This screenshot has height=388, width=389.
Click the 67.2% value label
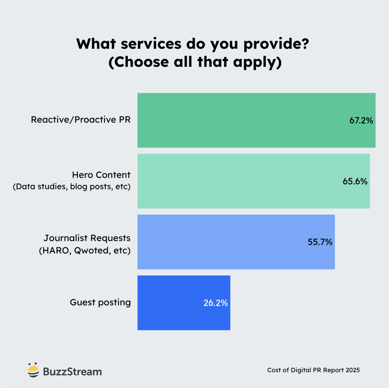click(x=361, y=120)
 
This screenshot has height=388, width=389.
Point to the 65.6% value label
click(x=355, y=181)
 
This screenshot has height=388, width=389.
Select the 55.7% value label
click(x=320, y=242)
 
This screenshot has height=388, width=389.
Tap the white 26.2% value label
click(x=216, y=303)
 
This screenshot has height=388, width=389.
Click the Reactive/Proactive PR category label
click(x=81, y=120)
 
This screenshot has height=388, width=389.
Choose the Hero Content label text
click(x=101, y=175)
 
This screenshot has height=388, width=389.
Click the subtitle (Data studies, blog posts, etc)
click(x=72, y=187)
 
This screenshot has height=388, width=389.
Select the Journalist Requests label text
click(x=87, y=238)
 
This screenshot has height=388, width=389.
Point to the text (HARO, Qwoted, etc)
click(x=85, y=251)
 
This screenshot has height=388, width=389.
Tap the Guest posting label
click(x=100, y=302)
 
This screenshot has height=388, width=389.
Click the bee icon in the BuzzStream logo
click(x=33, y=370)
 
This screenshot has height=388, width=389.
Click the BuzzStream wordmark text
click(x=72, y=371)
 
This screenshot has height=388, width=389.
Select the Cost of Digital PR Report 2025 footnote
click(x=313, y=370)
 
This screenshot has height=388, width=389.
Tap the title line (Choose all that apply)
click(x=195, y=62)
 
